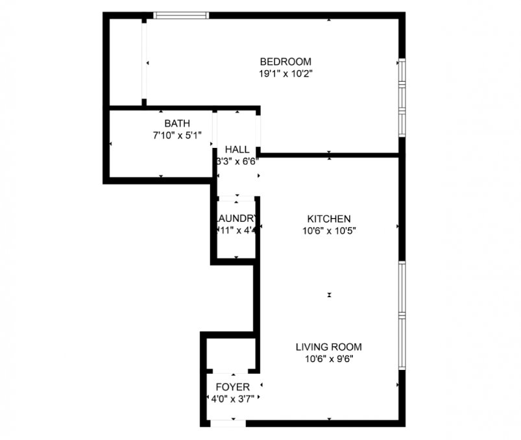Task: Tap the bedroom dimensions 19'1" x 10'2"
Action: [x=286, y=74]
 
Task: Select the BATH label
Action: [x=177, y=123]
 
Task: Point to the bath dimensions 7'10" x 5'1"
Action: [x=177, y=135]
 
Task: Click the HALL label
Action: [x=237, y=149]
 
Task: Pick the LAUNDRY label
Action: [x=237, y=218]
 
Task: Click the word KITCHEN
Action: [x=329, y=219]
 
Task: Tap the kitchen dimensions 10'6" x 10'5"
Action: [x=329, y=230]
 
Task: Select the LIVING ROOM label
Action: [x=329, y=347]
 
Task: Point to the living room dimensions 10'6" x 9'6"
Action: [x=329, y=358]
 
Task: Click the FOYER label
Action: [x=232, y=387]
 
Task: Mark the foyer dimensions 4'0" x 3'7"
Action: [x=232, y=399]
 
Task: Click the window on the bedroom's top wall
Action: [x=181, y=15]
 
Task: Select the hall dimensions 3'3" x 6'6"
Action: [x=237, y=161]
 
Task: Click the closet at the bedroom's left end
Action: [x=126, y=62]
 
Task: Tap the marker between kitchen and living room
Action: [x=330, y=295]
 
